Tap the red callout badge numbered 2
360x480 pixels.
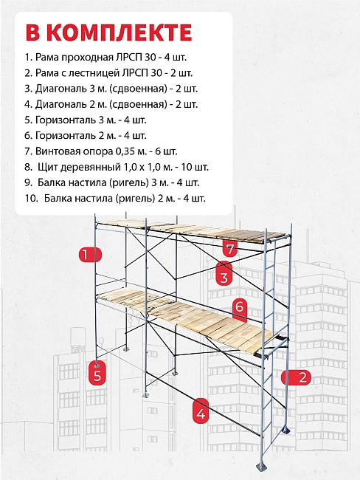[300, 377]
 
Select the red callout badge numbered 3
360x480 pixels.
[223, 277]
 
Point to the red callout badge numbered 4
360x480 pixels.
[201, 413]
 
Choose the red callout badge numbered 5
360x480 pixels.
[97, 375]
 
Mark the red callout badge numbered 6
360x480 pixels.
[238, 306]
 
